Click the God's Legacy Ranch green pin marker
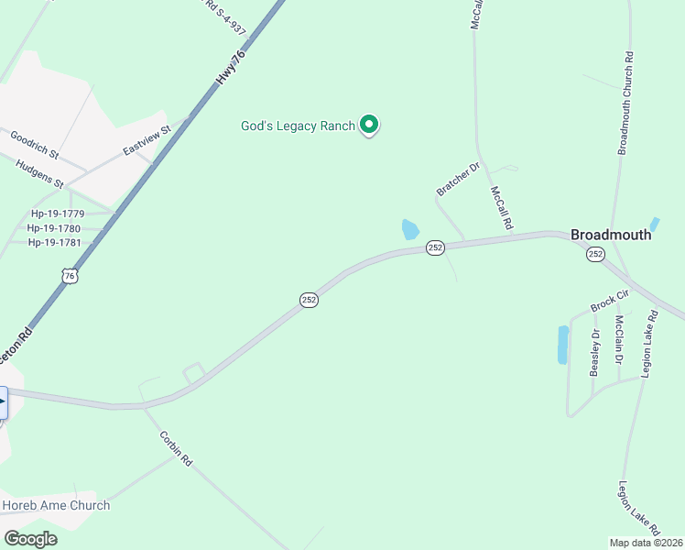[369, 124]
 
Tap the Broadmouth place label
[611, 235]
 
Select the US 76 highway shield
[70, 275]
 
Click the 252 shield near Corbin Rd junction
[310, 300]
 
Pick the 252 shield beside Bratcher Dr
[435, 247]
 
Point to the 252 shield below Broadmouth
[596, 254]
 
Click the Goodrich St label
[35, 142]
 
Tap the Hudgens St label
[39, 173]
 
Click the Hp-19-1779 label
[55, 214]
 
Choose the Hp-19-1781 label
[55, 243]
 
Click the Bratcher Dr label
[458, 179]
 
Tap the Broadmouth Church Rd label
[627, 108]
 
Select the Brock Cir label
[610, 301]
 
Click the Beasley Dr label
[594, 352]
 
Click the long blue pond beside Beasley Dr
[562, 345]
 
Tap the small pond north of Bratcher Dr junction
[410, 229]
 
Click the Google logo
[31, 539]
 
